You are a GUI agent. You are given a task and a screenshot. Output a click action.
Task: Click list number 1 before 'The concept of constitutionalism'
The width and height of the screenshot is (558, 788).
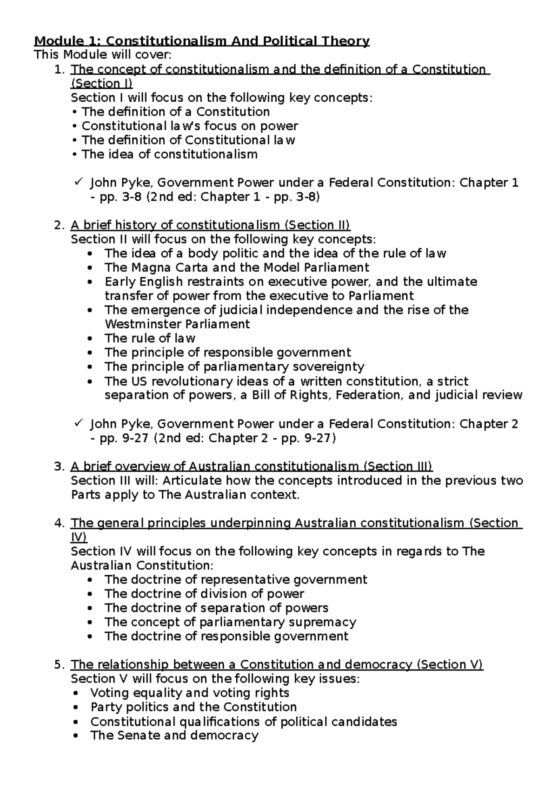point(58,70)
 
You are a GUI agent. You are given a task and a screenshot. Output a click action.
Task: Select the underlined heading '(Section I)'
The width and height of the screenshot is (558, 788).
point(101,84)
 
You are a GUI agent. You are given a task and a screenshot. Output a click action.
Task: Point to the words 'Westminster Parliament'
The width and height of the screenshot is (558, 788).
point(177,324)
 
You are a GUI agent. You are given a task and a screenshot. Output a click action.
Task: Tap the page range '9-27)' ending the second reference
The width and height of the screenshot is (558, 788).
point(319,438)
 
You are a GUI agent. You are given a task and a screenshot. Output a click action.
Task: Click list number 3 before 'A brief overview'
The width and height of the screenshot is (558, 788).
point(58,466)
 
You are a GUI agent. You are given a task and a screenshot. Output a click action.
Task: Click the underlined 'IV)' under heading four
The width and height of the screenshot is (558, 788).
point(79,537)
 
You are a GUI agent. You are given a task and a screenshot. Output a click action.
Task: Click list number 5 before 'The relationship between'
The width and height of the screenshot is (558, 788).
point(58,665)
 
